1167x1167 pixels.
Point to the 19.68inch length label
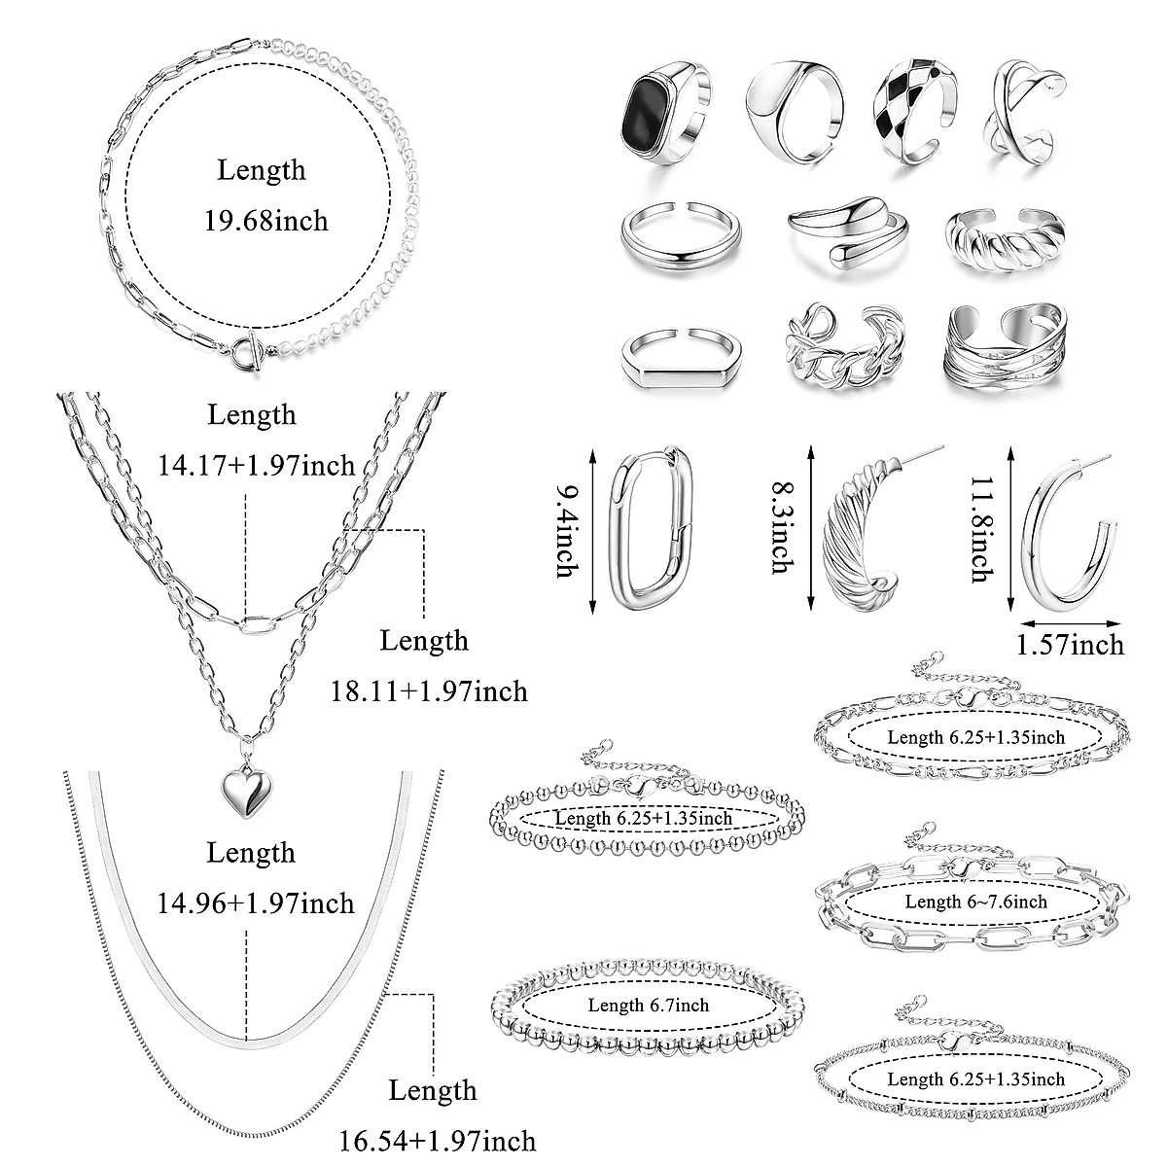pos(265,221)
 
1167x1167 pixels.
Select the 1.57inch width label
pos(1069,644)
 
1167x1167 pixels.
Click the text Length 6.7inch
pos(649,1006)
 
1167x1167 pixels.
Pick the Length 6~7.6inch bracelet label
pos(975,902)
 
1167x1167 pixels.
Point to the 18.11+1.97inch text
pos(424,691)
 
